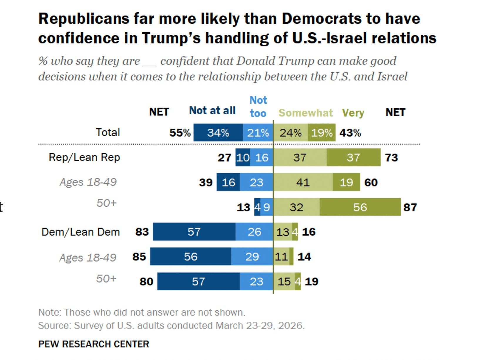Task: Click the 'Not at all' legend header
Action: point(212,111)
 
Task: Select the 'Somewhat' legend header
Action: point(306,113)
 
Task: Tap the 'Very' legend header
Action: point(353,113)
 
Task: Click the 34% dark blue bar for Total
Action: point(218,133)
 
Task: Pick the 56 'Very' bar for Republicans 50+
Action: point(360,207)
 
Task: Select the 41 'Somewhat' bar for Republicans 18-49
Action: point(303,182)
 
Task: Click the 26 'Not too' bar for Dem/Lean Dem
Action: point(254,232)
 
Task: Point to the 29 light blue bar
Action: point(252,257)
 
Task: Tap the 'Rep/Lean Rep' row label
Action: point(84,157)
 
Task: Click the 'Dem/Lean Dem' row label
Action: point(80,232)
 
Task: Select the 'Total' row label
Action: point(108,132)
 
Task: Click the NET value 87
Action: point(410,207)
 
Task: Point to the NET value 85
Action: point(139,257)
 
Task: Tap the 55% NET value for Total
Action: point(180,133)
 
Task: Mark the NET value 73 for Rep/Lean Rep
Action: point(392,158)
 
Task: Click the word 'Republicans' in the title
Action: point(84,19)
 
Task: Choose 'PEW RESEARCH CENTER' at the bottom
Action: point(94,344)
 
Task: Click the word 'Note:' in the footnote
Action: point(50,312)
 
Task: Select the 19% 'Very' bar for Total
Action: point(322,133)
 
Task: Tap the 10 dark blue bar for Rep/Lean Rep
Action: point(243,158)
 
